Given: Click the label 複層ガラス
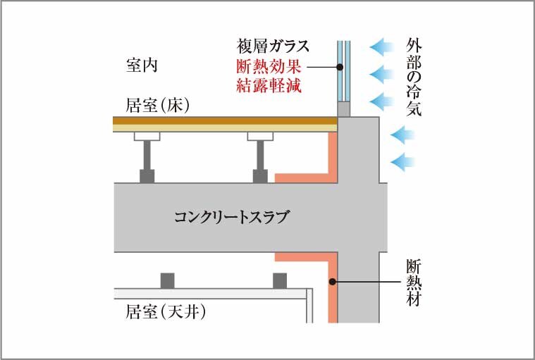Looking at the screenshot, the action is pyautogui.click(x=273, y=46).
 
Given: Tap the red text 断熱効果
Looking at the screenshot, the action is pyautogui.click(x=269, y=66).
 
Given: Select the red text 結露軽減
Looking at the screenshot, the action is pyautogui.click(x=269, y=85).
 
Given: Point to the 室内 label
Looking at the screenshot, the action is pyautogui.click(x=142, y=65).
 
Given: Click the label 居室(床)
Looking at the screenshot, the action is pyautogui.click(x=157, y=106).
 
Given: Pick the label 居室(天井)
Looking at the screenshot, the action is pyautogui.click(x=166, y=311).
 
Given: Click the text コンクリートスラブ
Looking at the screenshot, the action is pyautogui.click(x=232, y=217).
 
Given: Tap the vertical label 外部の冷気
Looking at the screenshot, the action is pyautogui.click(x=414, y=77).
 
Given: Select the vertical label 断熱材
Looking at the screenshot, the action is pyautogui.click(x=414, y=283).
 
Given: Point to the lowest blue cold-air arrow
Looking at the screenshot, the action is pyautogui.click(x=402, y=161).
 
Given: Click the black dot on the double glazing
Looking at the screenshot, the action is pyautogui.click(x=340, y=67).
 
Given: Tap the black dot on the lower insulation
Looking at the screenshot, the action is pyautogui.click(x=332, y=282).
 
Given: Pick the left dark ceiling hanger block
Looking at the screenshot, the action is pyautogui.click(x=168, y=280).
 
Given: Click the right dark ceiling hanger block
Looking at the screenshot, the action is pyautogui.click(x=280, y=280).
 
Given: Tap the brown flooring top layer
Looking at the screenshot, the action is pyautogui.click(x=225, y=120).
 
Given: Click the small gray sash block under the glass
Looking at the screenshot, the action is pyautogui.click(x=344, y=109).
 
